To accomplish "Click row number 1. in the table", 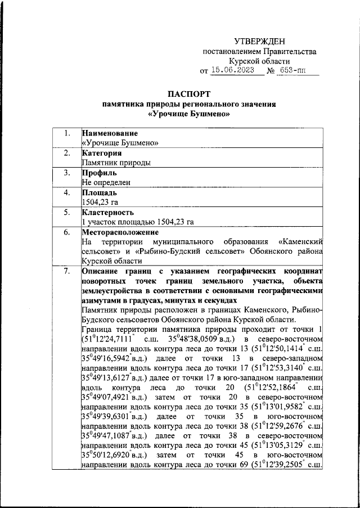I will [x=67, y=133].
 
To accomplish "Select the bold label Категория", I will [x=101, y=153].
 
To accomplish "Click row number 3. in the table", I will [x=67, y=173].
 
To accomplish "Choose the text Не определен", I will [x=106, y=182].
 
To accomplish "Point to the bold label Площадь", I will [x=99, y=192].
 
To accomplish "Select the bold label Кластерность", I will [x=107, y=212].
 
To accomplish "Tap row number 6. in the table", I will [x=67, y=232].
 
